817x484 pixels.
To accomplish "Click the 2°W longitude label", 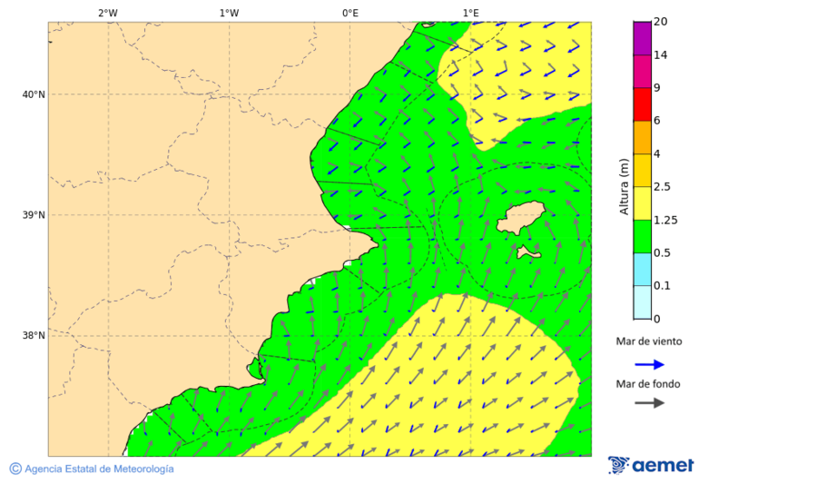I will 107,13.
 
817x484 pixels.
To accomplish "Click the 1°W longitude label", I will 229,13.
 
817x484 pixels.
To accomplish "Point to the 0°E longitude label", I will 349,13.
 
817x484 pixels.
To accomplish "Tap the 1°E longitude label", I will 470,13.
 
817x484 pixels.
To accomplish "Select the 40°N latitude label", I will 34,94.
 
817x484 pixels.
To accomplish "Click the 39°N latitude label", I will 34,215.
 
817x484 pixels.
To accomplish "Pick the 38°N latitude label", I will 34,335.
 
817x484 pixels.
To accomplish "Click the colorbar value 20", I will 661,22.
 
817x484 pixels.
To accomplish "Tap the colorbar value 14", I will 661,54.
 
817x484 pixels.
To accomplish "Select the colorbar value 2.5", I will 663,187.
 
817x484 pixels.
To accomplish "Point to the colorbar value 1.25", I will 665,220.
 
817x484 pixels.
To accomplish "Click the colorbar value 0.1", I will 663,286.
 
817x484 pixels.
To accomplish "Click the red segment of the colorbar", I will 642,104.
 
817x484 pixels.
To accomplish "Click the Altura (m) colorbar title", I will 625,187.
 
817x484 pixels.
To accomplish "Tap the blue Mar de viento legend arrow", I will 649,364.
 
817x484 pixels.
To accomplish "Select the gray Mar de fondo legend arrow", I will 649,403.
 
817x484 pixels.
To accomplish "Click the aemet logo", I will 651,466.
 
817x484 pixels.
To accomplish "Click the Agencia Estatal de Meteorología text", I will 98,469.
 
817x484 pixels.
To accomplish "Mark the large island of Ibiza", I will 522,219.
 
